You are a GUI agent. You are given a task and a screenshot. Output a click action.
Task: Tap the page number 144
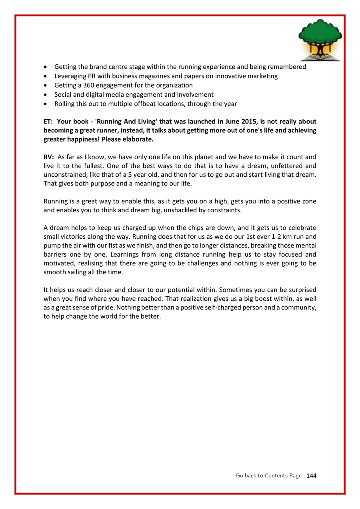click(311, 475)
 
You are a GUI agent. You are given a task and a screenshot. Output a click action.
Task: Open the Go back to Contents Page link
click(268, 475)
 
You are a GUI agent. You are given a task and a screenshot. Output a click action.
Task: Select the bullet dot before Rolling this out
click(46, 104)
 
